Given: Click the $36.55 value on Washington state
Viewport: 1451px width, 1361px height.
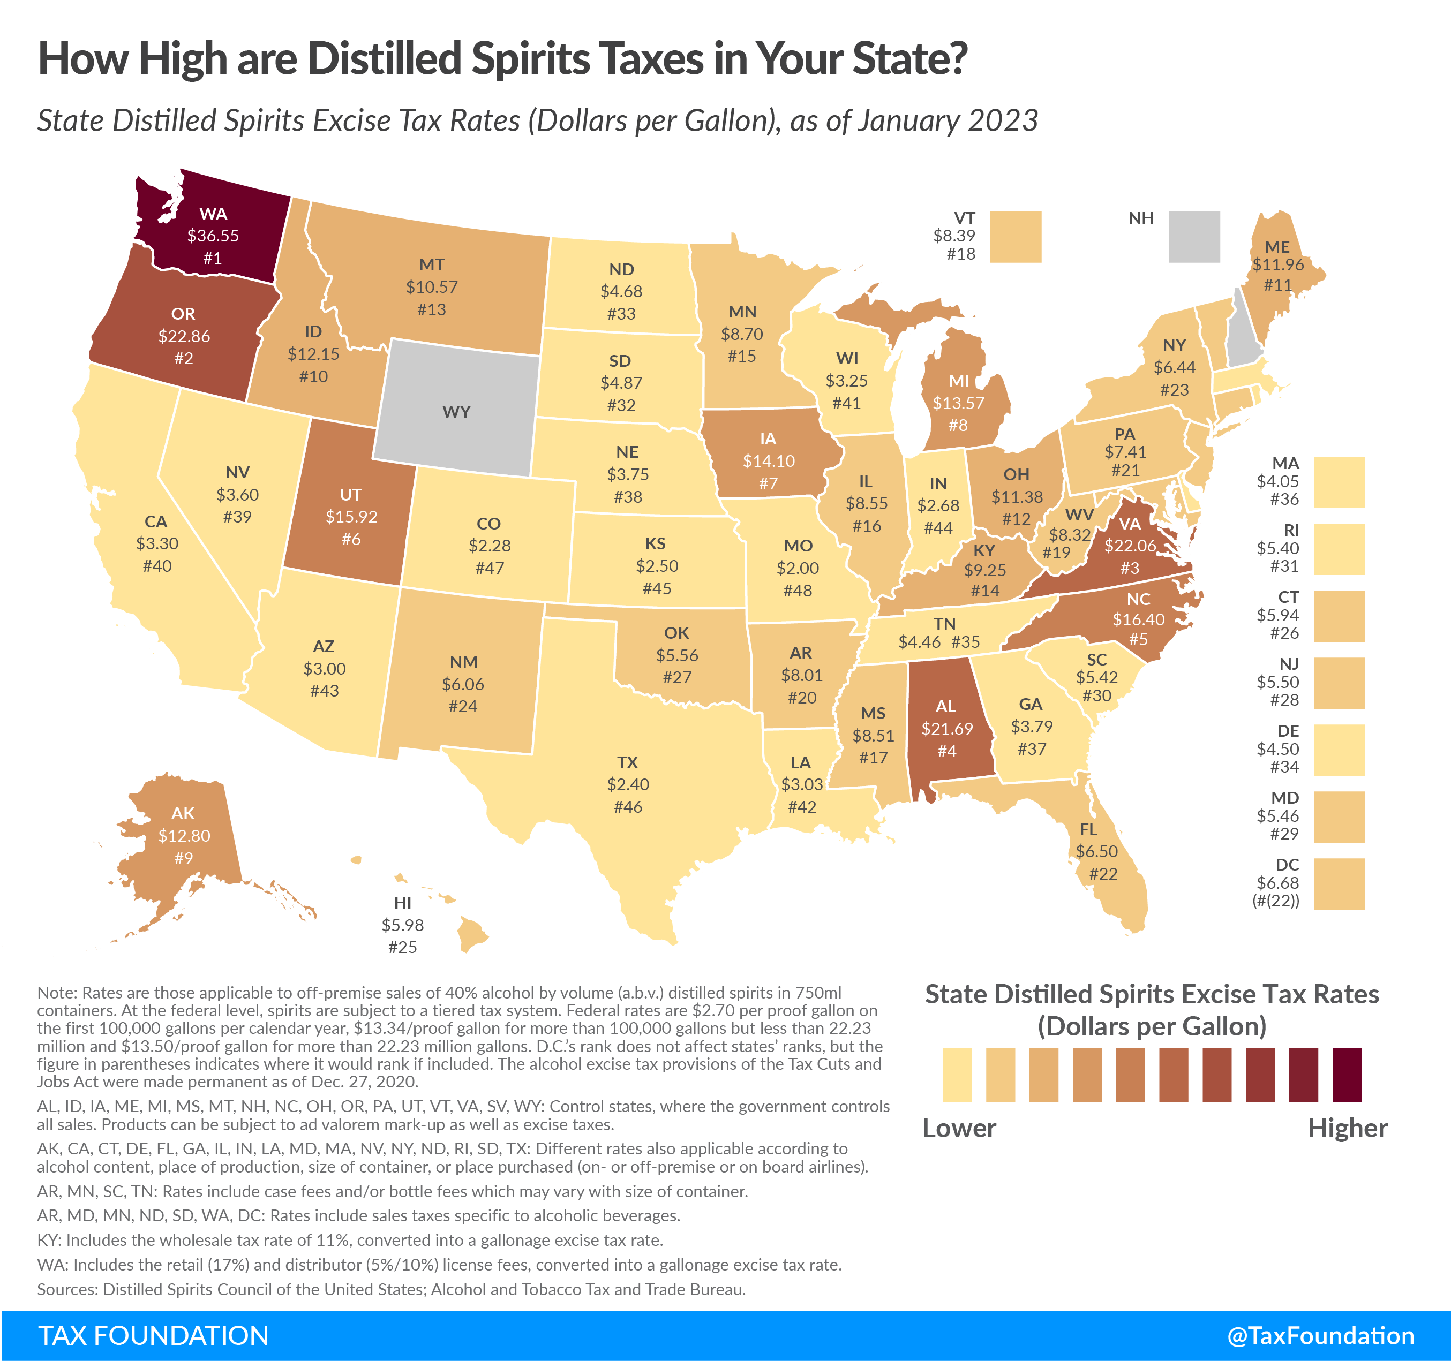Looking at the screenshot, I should click(213, 236).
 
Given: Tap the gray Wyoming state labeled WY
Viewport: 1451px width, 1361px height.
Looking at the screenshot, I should click(456, 412).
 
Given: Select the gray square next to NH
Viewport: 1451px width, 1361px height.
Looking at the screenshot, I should click(1193, 237).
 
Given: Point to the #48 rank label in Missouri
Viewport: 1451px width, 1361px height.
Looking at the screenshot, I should click(797, 591).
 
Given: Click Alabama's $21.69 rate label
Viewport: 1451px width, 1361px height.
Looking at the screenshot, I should click(946, 728).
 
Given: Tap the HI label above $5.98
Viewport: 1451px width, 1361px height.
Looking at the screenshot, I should click(402, 903).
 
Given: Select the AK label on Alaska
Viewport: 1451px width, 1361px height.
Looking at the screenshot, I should click(183, 813).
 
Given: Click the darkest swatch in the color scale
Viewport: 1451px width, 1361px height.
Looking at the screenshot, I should click(1347, 1074).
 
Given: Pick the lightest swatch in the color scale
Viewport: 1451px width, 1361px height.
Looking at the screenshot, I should click(956, 1074).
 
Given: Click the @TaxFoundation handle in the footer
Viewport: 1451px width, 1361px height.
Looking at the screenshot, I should click(1320, 1335).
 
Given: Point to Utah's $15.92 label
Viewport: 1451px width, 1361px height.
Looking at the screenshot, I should click(351, 517).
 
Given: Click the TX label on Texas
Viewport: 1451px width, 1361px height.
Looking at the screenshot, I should click(627, 762).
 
